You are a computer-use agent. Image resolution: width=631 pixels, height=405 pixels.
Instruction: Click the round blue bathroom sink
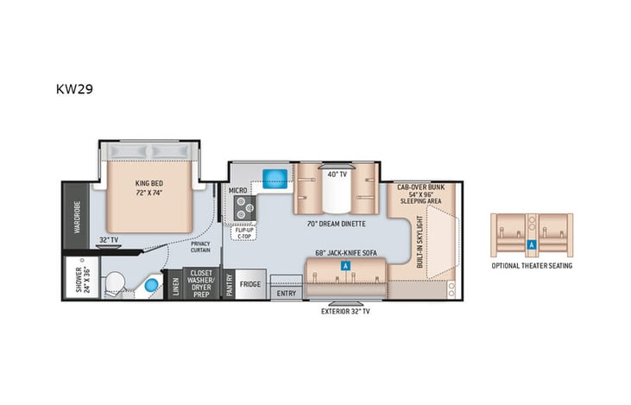[x=152, y=284]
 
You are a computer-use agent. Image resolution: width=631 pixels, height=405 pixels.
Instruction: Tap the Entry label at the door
[x=285, y=294]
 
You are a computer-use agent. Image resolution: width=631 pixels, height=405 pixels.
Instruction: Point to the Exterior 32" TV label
[x=345, y=311]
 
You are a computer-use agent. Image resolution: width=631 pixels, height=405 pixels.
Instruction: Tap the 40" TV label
[x=337, y=174]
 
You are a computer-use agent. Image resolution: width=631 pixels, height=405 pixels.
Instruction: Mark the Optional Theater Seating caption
[x=532, y=266]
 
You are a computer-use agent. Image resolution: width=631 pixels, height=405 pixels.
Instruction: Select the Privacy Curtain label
[x=200, y=247]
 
